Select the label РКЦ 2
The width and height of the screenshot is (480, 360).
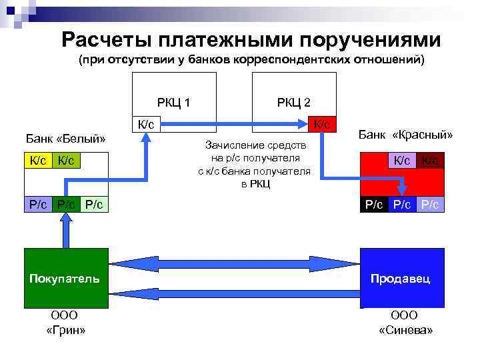tap(293, 103)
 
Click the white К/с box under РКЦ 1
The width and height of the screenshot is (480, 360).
tap(146, 124)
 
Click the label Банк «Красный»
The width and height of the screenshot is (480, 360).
tap(405, 135)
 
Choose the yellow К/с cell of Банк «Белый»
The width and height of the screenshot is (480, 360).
tap(37, 160)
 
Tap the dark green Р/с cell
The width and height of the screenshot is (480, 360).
tap(66, 205)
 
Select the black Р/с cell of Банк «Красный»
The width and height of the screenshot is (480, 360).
tap(373, 205)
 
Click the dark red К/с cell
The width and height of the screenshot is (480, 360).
tap(430, 160)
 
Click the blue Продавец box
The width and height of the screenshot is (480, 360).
tap(401, 278)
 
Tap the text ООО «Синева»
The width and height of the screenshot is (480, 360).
tap(405, 323)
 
